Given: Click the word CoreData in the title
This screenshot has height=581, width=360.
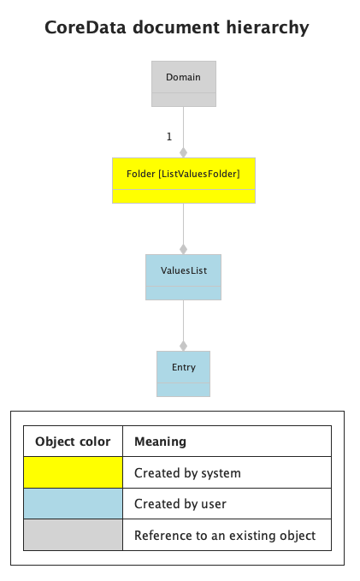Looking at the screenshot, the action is tap(86, 27).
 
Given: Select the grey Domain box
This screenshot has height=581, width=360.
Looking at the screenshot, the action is tap(184, 84).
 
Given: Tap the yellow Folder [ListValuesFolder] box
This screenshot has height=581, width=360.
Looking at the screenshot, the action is tap(184, 181).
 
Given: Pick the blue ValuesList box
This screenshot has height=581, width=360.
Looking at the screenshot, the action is tap(183, 277).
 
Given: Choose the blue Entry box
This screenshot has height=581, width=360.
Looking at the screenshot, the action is tap(183, 374).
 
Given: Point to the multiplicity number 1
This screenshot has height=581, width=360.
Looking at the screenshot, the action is tap(169, 137).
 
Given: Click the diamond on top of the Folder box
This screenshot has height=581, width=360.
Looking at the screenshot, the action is tap(183, 152).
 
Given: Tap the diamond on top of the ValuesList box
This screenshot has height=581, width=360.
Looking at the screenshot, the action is tap(183, 249).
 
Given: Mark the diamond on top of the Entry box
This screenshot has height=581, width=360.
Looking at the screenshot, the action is tap(183, 346).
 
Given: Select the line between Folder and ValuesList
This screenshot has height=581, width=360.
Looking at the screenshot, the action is tap(183, 224).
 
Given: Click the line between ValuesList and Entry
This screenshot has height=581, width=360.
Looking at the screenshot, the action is tap(183, 321).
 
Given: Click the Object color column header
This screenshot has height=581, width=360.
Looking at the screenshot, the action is tap(73, 442).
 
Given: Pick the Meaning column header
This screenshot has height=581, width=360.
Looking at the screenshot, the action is tap(161, 442).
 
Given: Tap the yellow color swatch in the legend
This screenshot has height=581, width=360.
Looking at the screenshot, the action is tap(73, 472).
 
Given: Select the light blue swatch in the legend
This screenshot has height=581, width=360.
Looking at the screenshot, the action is tap(73, 503).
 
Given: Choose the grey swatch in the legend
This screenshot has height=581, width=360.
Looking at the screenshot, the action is tap(73, 535).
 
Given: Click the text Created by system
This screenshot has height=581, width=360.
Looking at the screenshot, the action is tap(187, 473).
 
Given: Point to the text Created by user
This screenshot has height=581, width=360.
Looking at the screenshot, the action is tap(180, 504).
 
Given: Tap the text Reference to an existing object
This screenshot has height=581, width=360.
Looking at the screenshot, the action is tap(225, 536).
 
